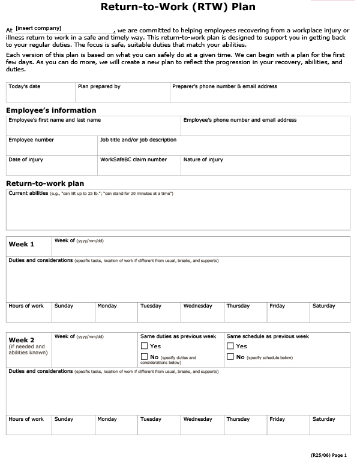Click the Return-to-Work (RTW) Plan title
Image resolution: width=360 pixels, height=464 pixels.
click(x=178, y=8)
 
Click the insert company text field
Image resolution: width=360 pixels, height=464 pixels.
click(x=64, y=29)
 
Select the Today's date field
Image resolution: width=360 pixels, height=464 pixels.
click(x=40, y=92)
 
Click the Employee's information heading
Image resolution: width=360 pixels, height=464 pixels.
click(x=51, y=110)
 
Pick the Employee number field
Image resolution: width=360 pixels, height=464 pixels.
click(x=52, y=146)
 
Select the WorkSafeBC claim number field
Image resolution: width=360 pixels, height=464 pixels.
click(x=139, y=165)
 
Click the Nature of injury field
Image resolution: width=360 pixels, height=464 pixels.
click(x=265, y=165)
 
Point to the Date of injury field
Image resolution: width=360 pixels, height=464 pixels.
click(x=52, y=165)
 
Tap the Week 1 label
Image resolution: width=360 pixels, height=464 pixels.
click(x=22, y=245)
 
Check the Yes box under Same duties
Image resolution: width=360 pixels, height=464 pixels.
click(x=144, y=346)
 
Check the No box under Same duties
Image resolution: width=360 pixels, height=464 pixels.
click(x=144, y=357)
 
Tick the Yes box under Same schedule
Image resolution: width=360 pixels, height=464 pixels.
click(x=230, y=346)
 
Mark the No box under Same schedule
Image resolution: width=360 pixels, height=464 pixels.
click(x=230, y=357)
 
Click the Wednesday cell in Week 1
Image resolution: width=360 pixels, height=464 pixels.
click(x=202, y=312)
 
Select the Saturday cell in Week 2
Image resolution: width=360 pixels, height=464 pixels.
click(x=329, y=424)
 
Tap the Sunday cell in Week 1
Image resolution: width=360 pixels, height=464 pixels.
click(x=74, y=312)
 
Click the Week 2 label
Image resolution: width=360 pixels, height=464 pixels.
click(x=22, y=340)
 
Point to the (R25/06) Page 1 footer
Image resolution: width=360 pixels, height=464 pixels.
click(x=328, y=456)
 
